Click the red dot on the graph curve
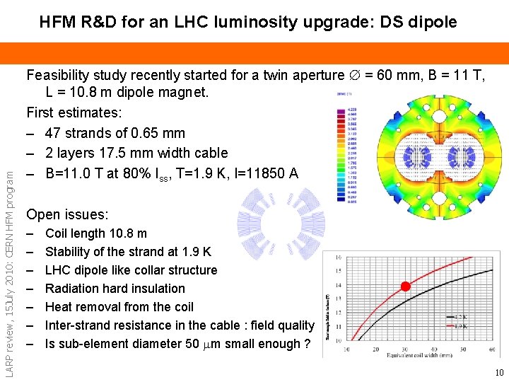coord(406,286)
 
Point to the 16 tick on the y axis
coord(339,257)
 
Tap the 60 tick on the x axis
coord(491,349)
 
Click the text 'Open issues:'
coord(67,214)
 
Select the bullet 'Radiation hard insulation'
coord(115,289)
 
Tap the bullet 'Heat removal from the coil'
coord(119,307)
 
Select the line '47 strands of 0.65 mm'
coord(115,133)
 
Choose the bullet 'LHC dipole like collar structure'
coord(131,270)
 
